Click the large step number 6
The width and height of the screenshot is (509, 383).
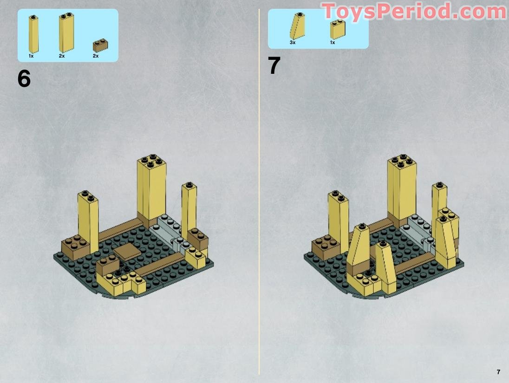(24, 79)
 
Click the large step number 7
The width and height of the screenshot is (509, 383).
(274, 66)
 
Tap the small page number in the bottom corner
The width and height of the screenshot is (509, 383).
(498, 372)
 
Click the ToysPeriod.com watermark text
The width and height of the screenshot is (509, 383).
(413, 11)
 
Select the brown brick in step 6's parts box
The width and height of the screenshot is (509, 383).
(100, 45)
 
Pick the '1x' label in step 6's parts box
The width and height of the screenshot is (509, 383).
(31, 56)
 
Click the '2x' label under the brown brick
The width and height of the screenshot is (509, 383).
(96, 56)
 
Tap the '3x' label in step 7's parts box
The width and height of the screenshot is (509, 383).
(293, 42)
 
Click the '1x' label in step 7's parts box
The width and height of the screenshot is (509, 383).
(333, 42)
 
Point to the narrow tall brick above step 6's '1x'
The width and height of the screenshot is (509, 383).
(33, 34)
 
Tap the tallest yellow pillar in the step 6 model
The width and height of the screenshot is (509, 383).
(152, 188)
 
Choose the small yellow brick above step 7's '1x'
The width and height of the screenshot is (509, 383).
(338, 30)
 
